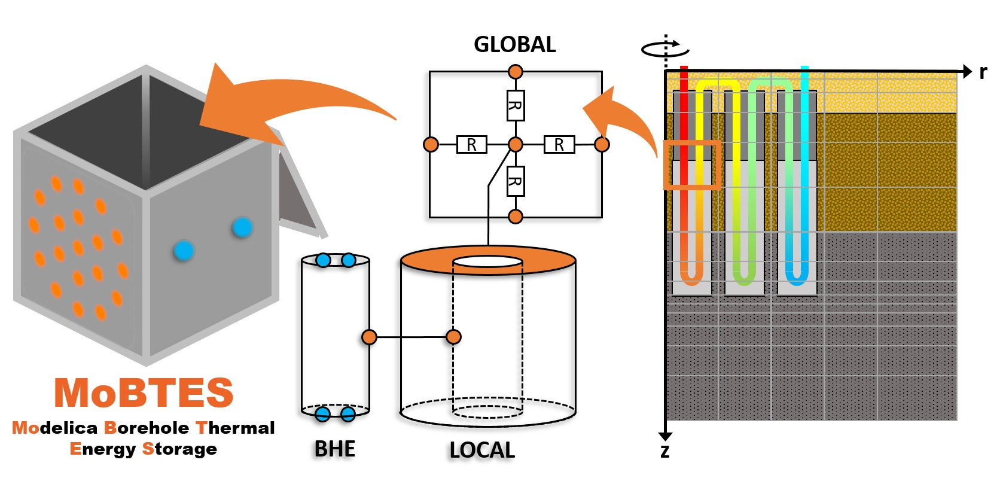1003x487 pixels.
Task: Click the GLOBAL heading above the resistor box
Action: pyautogui.click(x=514, y=44)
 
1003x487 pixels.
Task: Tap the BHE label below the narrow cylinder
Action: pyautogui.click(x=335, y=449)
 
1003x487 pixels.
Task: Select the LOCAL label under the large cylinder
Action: pyautogui.click(x=482, y=450)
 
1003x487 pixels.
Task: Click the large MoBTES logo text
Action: pyautogui.click(x=144, y=393)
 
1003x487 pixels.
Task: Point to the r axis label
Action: pyautogui.click(x=983, y=72)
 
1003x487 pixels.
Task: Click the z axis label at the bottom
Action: pyautogui.click(x=665, y=452)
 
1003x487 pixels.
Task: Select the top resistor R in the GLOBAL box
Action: pyautogui.click(x=515, y=106)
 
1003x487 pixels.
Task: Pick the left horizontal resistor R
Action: pyautogui.click(x=471, y=145)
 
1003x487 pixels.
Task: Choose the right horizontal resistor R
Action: pyautogui.click(x=559, y=145)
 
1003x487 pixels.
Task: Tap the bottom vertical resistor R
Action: pyautogui.click(x=515, y=181)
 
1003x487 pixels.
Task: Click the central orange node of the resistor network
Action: pyautogui.click(x=515, y=144)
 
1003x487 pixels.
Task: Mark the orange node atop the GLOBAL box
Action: pyautogui.click(x=515, y=72)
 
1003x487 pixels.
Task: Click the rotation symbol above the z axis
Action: pyautogui.click(x=664, y=48)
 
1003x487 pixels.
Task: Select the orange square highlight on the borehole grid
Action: pyautogui.click(x=691, y=165)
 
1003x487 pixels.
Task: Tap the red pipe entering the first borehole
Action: pyautogui.click(x=684, y=120)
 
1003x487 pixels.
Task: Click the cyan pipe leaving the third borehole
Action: pyautogui.click(x=804, y=120)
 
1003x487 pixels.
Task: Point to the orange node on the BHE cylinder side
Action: pyautogui.click(x=369, y=337)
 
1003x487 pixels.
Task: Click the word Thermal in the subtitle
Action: pyautogui.click(x=235, y=428)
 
